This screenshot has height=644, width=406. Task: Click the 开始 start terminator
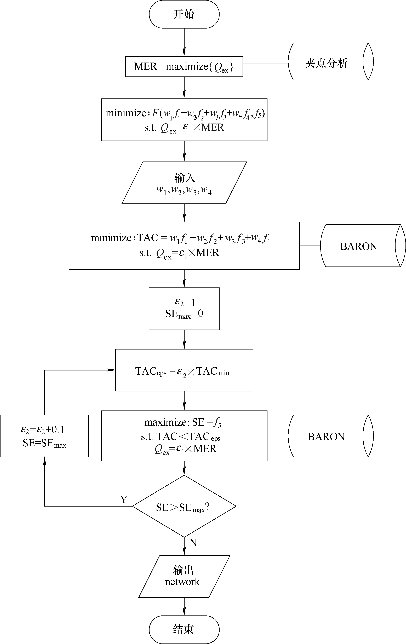coord(184,14)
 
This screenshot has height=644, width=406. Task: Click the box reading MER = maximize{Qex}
coord(184,67)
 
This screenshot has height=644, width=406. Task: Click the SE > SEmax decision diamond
coord(184,506)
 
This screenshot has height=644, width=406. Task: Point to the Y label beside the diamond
coord(123,499)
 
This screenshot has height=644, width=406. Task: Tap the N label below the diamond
coord(193,542)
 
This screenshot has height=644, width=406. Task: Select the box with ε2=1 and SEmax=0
coord(184,309)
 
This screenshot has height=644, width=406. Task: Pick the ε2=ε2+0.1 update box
coord(44,436)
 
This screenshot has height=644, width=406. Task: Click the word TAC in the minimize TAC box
coord(147,237)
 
